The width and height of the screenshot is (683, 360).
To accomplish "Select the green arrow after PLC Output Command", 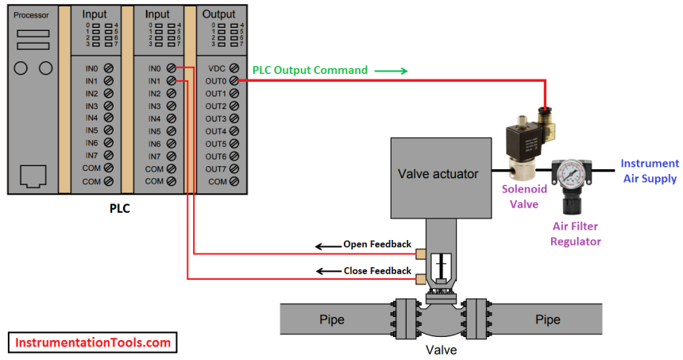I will click(391, 71).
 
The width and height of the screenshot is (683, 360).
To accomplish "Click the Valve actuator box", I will click(439, 174).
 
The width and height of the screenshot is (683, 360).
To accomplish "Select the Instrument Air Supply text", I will click(648, 171).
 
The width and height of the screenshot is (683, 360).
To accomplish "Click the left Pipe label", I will click(332, 320).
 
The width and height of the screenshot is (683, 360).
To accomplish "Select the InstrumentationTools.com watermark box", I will click(93, 343).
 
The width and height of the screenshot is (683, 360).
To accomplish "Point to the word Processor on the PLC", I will click(30, 15).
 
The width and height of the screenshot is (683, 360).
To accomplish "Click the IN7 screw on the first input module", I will click(107, 157).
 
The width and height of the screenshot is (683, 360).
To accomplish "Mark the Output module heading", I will click(218, 14).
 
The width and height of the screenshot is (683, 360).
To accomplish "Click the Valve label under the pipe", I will click(442, 349).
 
